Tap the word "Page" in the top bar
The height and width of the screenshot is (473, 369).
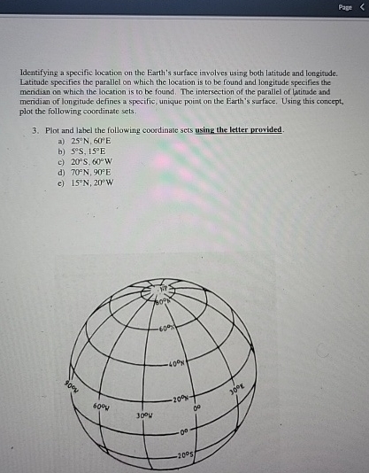click(x=344, y=8)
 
